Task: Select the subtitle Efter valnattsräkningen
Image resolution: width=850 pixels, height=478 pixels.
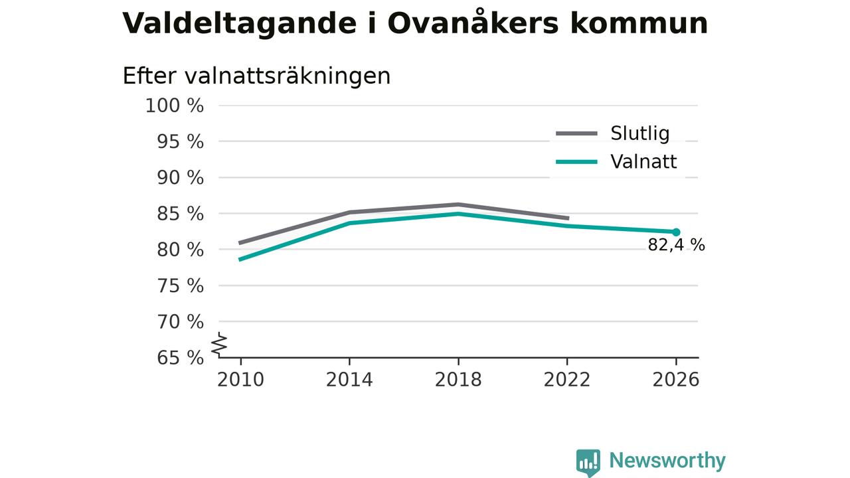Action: (256, 76)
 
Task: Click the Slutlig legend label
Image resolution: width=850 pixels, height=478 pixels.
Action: (639, 133)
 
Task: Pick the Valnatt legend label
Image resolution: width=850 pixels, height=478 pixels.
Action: (643, 161)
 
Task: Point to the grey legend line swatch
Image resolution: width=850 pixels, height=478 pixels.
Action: (577, 133)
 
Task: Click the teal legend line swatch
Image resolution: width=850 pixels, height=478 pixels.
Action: (577, 162)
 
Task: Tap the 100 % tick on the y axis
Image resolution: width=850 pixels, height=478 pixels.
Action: (175, 106)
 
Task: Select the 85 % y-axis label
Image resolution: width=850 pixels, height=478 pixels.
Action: (180, 214)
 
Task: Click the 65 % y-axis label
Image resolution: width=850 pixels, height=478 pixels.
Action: (180, 358)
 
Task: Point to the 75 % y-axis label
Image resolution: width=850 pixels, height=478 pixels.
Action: (180, 285)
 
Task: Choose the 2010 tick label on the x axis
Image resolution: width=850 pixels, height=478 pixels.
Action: (240, 380)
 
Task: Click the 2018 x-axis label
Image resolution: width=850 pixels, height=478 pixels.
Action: (458, 380)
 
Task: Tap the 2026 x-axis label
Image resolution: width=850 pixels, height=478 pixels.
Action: (676, 380)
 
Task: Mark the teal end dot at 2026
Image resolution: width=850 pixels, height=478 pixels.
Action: (676, 232)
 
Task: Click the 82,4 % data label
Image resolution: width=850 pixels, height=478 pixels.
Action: (676, 245)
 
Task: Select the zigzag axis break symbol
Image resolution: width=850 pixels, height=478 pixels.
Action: (219, 345)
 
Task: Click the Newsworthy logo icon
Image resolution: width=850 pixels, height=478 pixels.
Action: (588, 463)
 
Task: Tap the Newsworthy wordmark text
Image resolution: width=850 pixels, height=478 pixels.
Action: (667, 460)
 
